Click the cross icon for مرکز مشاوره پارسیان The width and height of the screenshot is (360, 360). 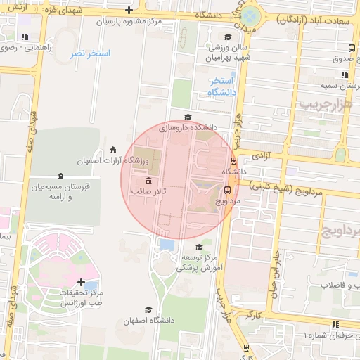point(128,10)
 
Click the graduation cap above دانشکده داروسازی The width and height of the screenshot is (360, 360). point(187,117)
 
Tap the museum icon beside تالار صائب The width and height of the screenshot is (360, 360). point(147,181)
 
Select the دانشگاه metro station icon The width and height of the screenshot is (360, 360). point(234,160)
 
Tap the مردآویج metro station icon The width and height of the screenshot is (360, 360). point(228,189)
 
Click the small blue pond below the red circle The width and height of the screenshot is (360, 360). point(167,245)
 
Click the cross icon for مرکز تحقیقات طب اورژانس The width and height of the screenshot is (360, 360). point(82,282)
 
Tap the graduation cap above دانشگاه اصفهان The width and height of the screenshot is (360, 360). point(148,309)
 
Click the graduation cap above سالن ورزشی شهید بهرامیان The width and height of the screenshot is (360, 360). point(227,37)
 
